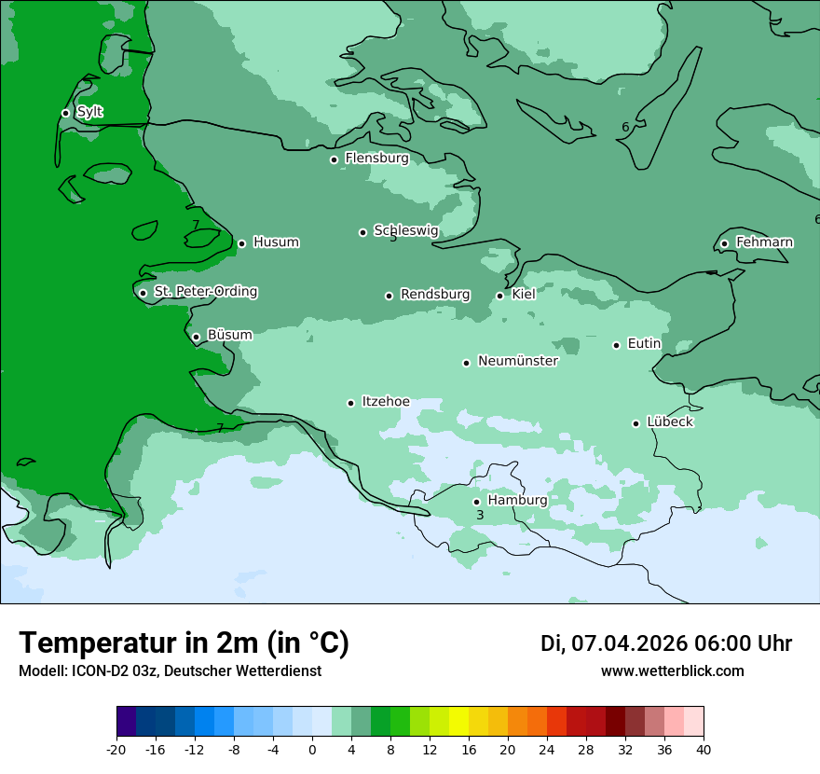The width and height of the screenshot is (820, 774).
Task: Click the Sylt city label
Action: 89,112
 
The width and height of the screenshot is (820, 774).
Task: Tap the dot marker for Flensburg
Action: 334,159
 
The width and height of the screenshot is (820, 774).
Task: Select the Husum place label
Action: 276,242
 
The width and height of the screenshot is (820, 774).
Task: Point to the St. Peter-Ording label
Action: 205,292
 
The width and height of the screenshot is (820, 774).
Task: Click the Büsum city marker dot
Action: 196,338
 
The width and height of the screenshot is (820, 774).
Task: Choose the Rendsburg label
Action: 434,295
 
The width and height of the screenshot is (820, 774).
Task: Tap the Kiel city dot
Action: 499,296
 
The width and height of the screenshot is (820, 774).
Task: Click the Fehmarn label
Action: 764,242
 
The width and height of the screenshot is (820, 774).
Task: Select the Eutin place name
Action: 644,344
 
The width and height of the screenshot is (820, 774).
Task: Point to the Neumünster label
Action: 517,361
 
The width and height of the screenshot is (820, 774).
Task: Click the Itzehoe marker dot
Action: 350,403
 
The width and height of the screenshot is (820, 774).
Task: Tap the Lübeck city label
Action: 669,422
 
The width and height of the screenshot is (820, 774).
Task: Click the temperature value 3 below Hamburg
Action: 480,515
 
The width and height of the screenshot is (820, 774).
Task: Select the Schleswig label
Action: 405,230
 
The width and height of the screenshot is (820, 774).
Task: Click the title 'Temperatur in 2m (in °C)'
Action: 184,643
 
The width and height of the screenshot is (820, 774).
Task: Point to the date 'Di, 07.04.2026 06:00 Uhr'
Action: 665,643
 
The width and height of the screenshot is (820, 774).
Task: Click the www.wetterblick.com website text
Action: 672,671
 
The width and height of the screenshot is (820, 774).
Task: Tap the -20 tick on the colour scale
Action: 116,750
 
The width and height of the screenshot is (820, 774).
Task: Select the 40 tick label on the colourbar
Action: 704,750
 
